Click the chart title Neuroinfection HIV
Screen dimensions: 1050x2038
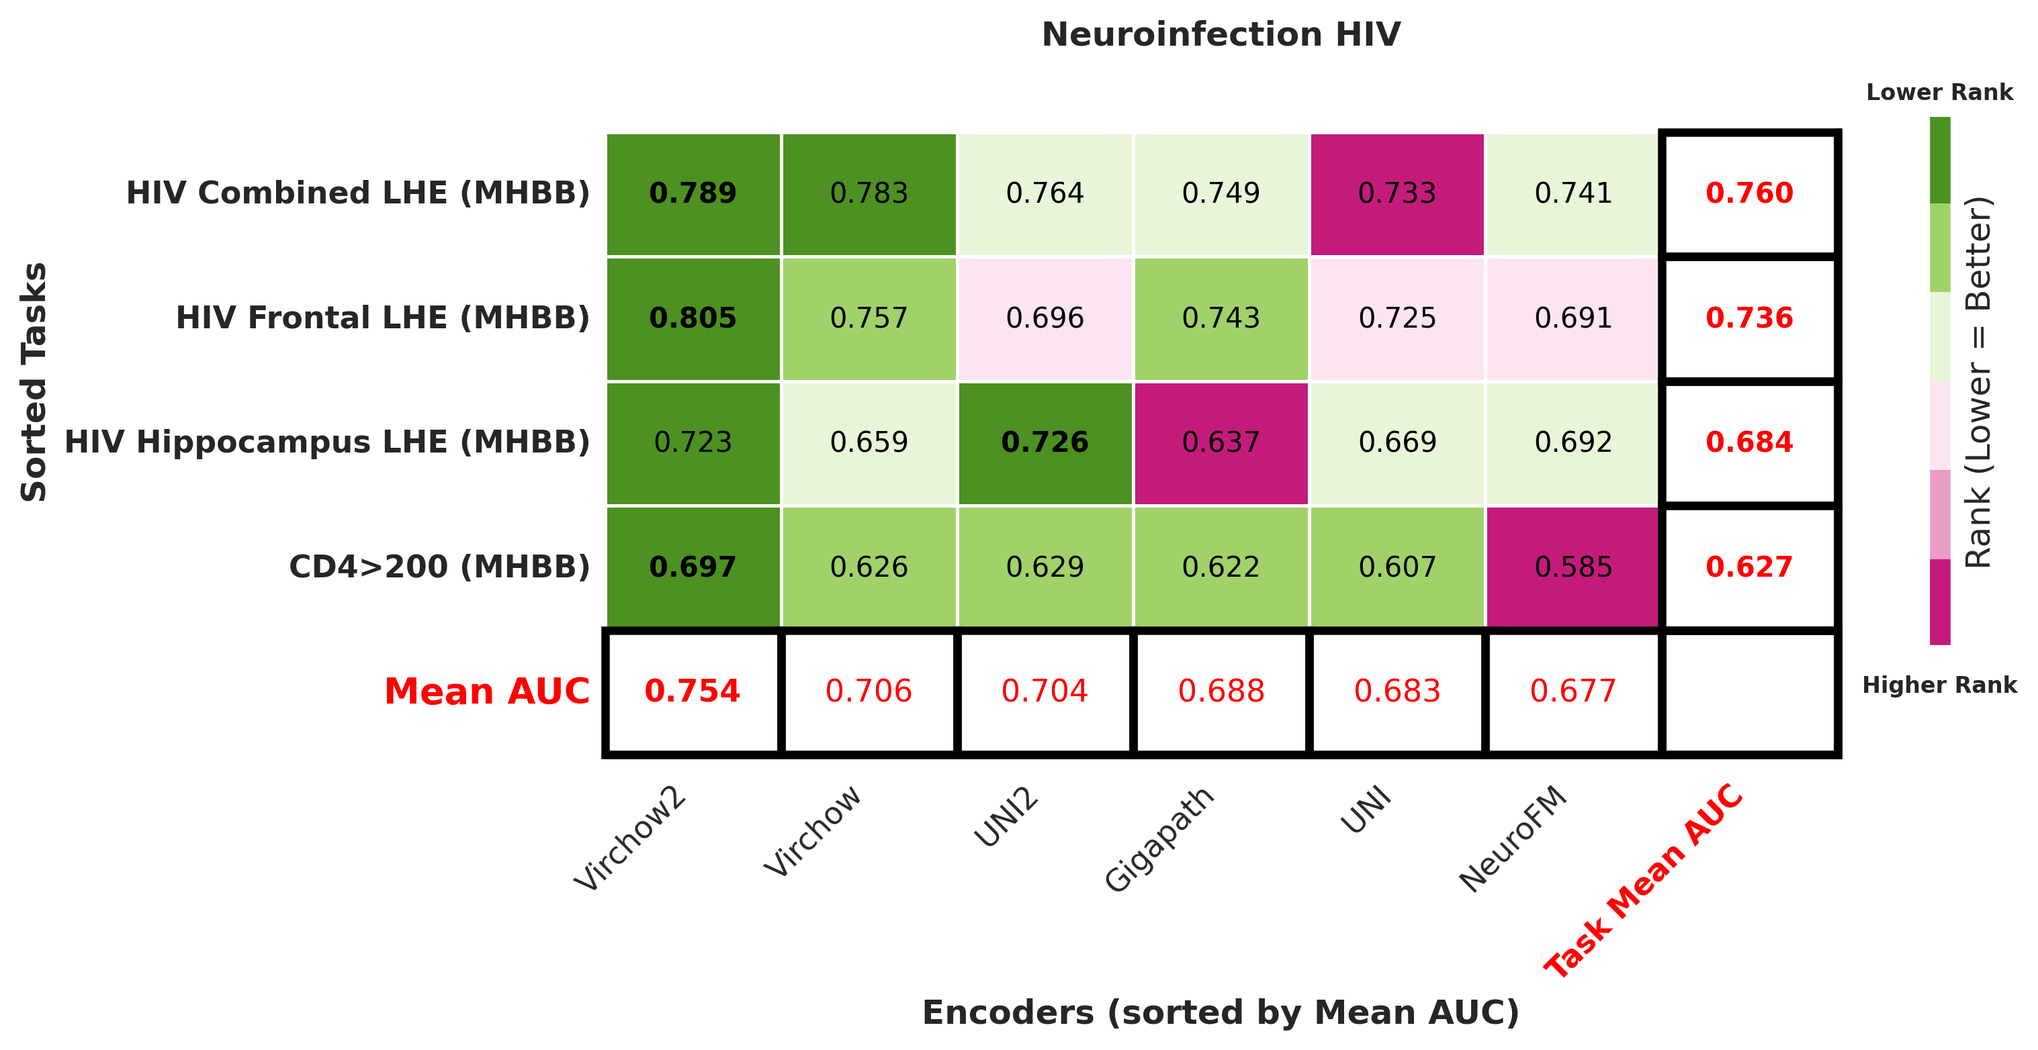(1220, 35)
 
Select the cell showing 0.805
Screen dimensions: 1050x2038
(693, 318)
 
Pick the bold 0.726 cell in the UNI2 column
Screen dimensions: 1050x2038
(1045, 442)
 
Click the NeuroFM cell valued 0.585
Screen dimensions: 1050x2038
(1572, 567)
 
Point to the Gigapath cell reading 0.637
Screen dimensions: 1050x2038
(1221, 442)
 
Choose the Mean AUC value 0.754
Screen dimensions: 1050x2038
(693, 691)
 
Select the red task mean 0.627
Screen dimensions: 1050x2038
(1749, 567)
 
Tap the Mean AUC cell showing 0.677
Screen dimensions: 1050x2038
(1572, 691)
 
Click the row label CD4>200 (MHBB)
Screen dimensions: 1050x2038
(439, 567)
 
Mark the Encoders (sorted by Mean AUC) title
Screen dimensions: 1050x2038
(1220, 1013)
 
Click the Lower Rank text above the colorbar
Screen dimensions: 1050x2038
(1939, 93)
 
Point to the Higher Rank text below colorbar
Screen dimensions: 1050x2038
(1939, 685)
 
